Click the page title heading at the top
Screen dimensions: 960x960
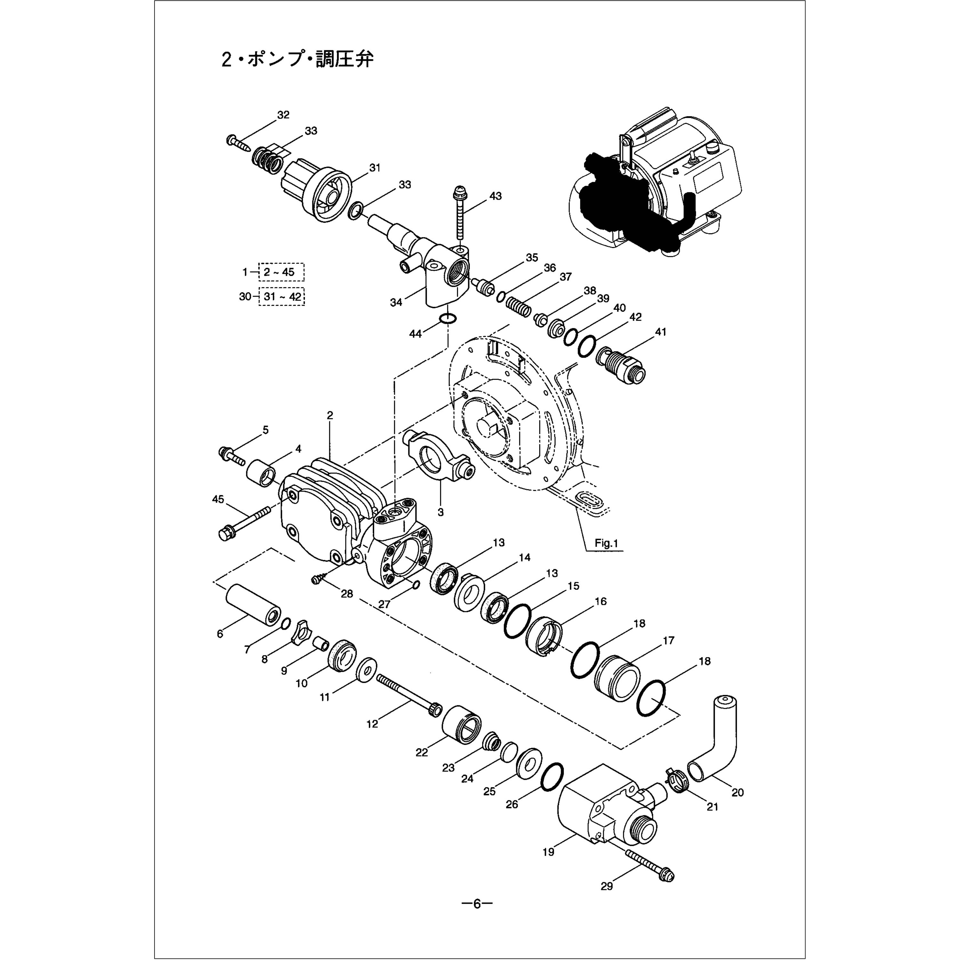tap(297, 60)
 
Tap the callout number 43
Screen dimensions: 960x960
tap(495, 196)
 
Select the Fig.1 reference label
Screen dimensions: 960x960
tap(606, 543)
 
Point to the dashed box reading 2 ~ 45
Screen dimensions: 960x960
tap(281, 272)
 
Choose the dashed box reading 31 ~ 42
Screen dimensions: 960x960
tap(282, 297)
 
